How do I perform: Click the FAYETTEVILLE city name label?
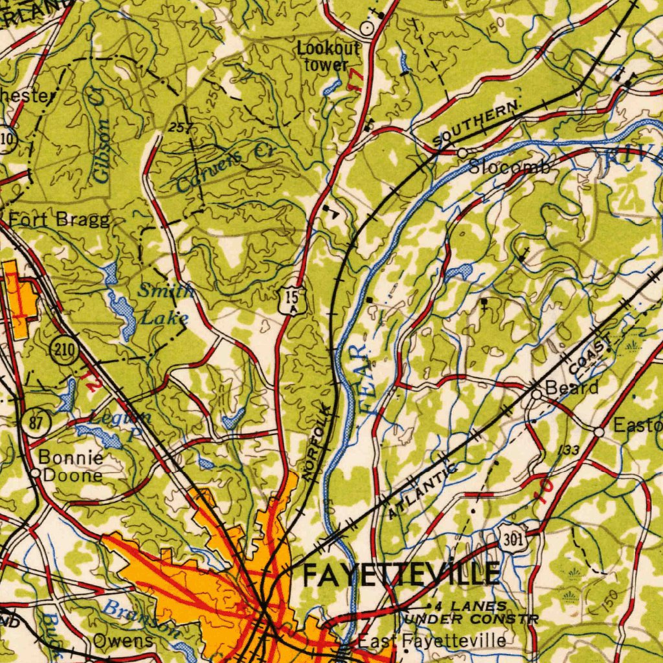(401, 574)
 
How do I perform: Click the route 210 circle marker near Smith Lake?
(64, 353)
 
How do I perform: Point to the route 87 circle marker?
(36, 424)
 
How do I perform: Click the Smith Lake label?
(165, 304)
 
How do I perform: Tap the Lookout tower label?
(328, 56)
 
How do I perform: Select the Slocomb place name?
(510, 167)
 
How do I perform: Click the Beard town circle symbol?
(536, 393)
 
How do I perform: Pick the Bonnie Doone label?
(70, 466)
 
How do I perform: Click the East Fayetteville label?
(433, 641)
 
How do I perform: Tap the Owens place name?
(123, 641)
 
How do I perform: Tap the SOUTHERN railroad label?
(478, 122)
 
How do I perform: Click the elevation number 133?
(567, 450)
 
